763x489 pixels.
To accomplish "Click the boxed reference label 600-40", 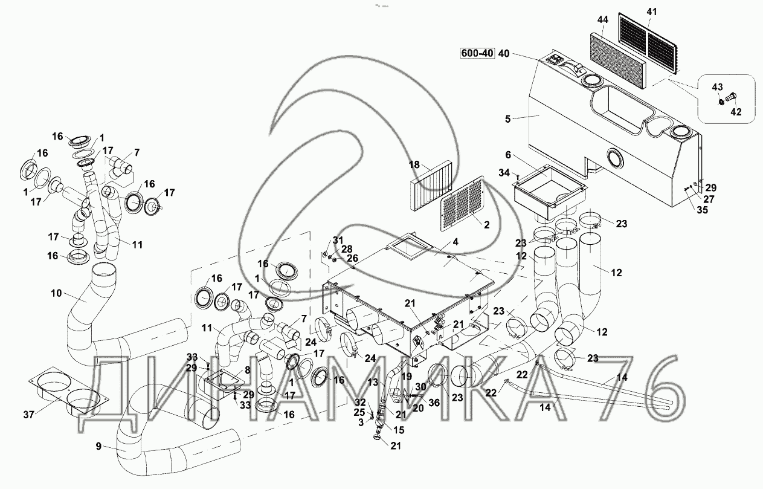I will pyautogui.click(x=477, y=53).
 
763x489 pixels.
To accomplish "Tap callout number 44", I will pyautogui.click(x=602, y=21).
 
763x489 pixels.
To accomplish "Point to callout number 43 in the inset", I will pyautogui.click(x=717, y=87).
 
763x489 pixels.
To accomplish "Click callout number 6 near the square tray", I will pyautogui.click(x=507, y=155).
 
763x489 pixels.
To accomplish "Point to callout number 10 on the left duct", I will pyautogui.click(x=56, y=294).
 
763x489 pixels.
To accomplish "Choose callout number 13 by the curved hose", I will pyautogui.click(x=373, y=382).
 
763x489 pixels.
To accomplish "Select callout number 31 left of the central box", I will pyautogui.click(x=337, y=239).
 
